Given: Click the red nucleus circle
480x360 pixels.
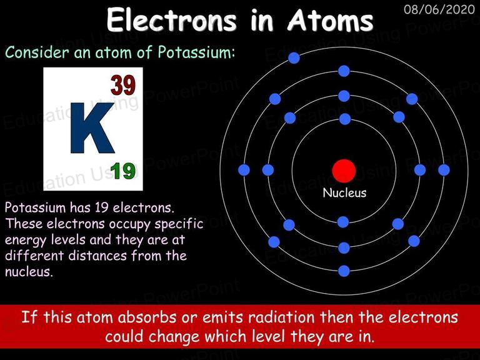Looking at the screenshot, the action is click(x=344, y=171).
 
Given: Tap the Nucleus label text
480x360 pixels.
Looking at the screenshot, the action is click(x=344, y=192).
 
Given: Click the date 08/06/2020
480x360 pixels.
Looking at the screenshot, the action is click(x=439, y=9).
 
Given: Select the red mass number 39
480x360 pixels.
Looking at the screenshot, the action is click(x=123, y=85).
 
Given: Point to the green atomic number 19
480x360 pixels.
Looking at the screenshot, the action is click(x=123, y=171).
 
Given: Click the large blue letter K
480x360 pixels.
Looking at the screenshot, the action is click(x=92, y=128).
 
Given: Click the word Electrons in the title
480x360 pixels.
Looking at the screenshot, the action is click(x=172, y=20).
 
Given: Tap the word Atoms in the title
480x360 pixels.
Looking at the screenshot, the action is click(x=331, y=20).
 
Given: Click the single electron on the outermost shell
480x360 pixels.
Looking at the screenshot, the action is click(x=294, y=58).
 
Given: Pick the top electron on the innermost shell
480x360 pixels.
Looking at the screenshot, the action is click(x=345, y=119).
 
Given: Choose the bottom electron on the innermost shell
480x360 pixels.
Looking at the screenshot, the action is click(x=343, y=222).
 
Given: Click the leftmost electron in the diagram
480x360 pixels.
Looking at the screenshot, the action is click(x=244, y=170).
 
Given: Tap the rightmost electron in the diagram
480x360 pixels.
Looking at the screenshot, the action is click(x=444, y=170).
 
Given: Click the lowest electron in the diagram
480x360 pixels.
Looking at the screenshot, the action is click(x=344, y=271).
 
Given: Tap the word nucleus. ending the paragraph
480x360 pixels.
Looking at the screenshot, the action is click(x=29, y=271).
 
